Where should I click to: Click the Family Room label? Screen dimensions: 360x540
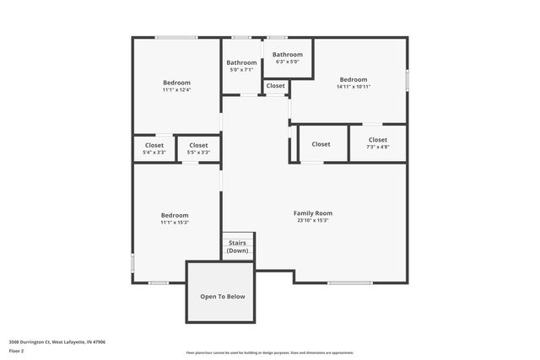point(313,213)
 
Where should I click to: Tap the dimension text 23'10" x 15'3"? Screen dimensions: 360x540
point(313,221)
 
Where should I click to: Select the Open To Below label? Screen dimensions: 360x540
point(222,297)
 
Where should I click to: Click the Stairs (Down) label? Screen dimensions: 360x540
point(238,246)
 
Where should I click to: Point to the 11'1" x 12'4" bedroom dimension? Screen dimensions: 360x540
point(176,90)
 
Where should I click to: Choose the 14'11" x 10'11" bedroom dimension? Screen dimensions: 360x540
point(354,87)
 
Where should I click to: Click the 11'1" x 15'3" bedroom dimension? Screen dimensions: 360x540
point(175,223)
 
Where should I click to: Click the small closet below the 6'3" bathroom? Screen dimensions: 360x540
point(276,86)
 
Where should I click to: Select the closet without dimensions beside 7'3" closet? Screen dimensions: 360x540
point(321,144)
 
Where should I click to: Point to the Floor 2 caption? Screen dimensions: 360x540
point(17,351)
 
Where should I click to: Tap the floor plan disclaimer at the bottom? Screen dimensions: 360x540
point(270,353)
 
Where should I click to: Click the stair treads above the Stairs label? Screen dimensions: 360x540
point(238,237)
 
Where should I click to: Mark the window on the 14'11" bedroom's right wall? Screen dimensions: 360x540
point(407,80)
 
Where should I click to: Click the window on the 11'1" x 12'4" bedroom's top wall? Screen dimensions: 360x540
point(176,37)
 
